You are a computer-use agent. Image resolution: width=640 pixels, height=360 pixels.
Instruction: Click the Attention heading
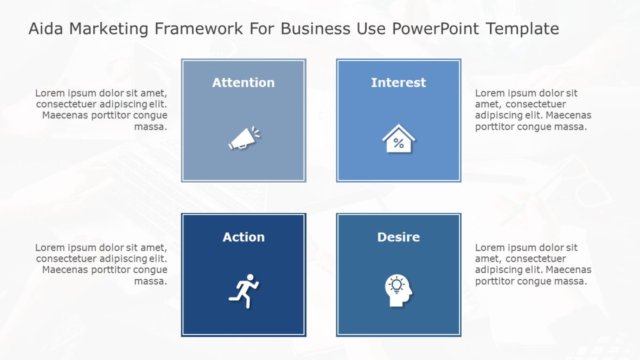(x=243, y=82)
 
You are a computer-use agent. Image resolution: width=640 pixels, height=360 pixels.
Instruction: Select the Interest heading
(x=398, y=82)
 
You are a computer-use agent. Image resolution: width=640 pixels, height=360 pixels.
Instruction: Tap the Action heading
(x=244, y=237)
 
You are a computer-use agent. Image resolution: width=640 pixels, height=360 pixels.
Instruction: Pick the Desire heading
(x=398, y=237)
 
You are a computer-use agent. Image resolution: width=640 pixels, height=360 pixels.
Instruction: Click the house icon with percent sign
(x=398, y=139)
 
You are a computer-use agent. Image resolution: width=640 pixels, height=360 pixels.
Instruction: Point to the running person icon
(x=244, y=291)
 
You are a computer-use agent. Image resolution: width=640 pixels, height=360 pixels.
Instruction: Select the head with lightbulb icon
(x=399, y=291)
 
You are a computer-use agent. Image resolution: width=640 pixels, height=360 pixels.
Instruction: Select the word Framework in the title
(x=199, y=29)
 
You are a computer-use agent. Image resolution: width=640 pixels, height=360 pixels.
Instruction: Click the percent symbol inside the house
(x=398, y=144)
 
